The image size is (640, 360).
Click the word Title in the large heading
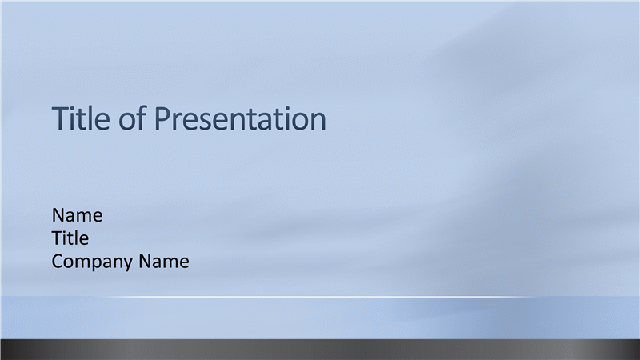coord(81,118)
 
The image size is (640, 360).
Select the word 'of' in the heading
coord(132,118)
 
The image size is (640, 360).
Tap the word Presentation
coord(241,119)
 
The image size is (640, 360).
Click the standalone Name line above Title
coord(77,215)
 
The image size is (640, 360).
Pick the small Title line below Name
coord(70,238)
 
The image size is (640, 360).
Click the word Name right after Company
coord(164,262)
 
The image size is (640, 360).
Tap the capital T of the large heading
coord(61,118)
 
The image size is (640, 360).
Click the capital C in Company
coord(58,262)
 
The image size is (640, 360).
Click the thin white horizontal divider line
coord(318,297)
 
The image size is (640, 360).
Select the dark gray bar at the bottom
coord(320,350)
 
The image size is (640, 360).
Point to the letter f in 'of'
coord(142,118)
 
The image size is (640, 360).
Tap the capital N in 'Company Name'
coord(145,262)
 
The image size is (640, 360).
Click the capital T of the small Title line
coord(57,238)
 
